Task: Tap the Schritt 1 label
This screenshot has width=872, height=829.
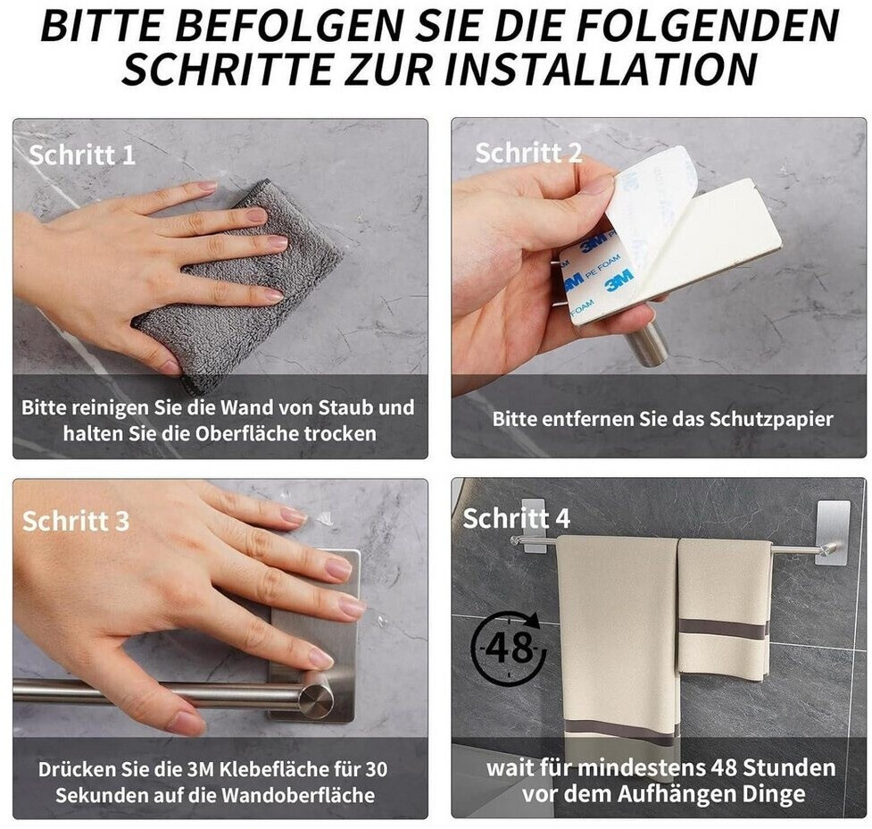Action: pos(82,155)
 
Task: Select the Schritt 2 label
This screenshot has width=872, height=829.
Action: pos(527,153)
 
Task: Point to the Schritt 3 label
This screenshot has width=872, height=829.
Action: pos(76,521)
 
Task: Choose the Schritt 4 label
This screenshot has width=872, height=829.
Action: pos(517,518)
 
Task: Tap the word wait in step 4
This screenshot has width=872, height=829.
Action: pos(507,767)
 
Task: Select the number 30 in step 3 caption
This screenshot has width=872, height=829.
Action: pos(376,769)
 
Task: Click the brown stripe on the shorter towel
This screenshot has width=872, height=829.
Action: pos(724,631)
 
